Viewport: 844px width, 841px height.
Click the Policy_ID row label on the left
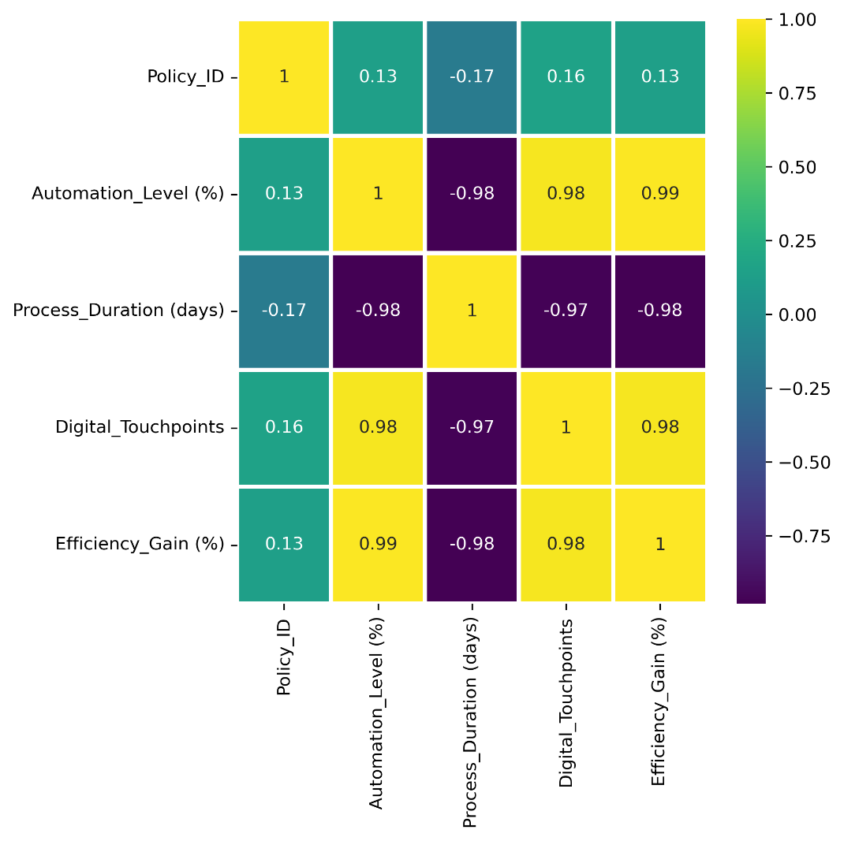[x=185, y=76]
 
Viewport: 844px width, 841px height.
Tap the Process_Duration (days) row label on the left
[x=118, y=310]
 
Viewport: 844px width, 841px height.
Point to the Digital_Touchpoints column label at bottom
[x=566, y=701]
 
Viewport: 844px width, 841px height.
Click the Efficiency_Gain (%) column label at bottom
[x=659, y=701]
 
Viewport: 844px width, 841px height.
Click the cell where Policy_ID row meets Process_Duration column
[x=472, y=76]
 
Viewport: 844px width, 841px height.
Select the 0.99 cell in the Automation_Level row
[x=659, y=193]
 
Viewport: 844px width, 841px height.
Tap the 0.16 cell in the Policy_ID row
[x=566, y=76]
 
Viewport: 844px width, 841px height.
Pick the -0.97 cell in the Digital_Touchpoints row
[x=472, y=427]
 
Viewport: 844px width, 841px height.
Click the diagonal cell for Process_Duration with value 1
[x=472, y=310]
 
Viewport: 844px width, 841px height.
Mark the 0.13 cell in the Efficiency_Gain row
[x=284, y=544]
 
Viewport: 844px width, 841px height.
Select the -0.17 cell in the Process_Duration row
[x=284, y=310]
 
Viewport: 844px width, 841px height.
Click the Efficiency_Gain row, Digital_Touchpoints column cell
[x=566, y=544]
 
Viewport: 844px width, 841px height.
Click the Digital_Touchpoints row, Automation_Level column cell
[x=378, y=427]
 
